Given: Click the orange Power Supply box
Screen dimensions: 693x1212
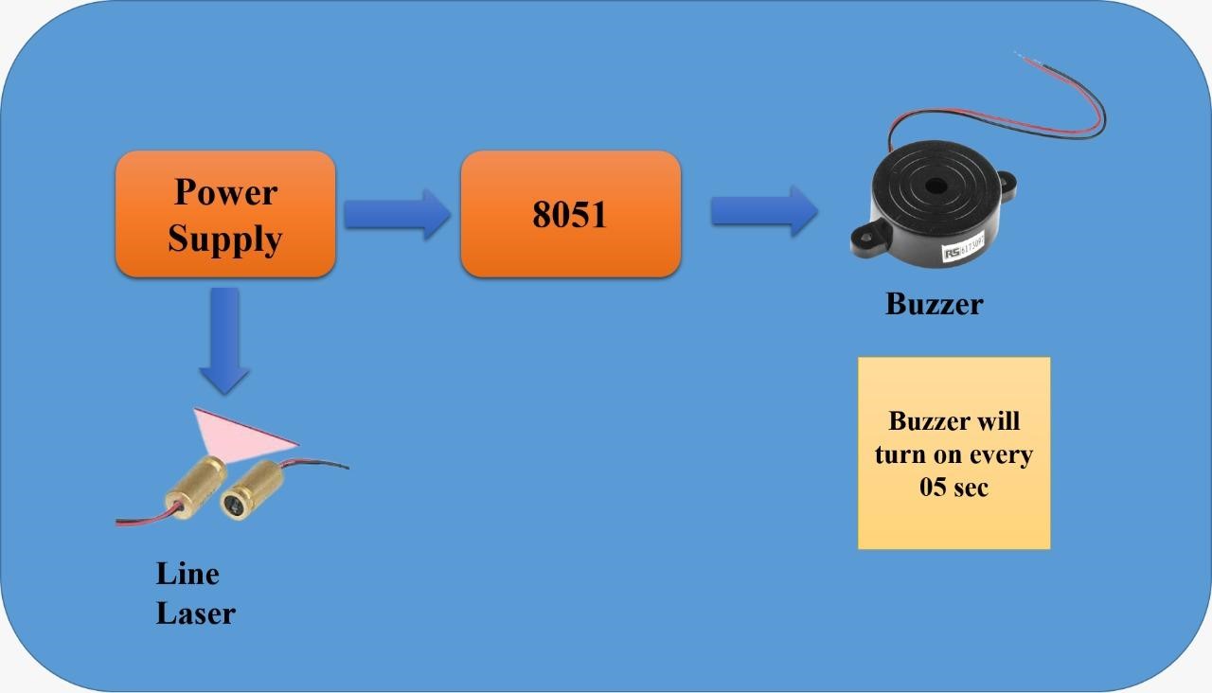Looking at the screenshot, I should (225, 214).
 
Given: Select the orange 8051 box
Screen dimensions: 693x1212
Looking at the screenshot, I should (570, 214).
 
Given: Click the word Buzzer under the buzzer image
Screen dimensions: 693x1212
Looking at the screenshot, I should (934, 304).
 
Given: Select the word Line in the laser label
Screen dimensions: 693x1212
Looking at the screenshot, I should (187, 574).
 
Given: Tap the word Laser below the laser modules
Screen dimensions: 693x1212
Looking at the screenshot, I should (195, 613).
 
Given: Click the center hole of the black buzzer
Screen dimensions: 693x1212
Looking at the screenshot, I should (936, 185).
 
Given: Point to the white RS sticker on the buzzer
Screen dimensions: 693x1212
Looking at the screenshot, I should (967, 250).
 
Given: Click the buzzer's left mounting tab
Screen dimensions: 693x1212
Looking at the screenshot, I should (867, 238).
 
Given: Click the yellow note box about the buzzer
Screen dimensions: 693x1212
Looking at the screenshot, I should (954, 453).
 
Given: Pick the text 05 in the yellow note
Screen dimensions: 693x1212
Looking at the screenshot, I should (934, 488).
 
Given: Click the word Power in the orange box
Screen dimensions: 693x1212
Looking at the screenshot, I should (225, 192).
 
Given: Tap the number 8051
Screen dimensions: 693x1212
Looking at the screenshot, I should (570, 215).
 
